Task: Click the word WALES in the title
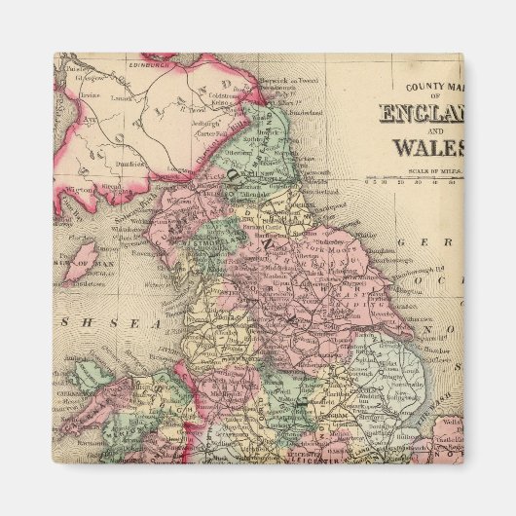click(427, 149)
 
